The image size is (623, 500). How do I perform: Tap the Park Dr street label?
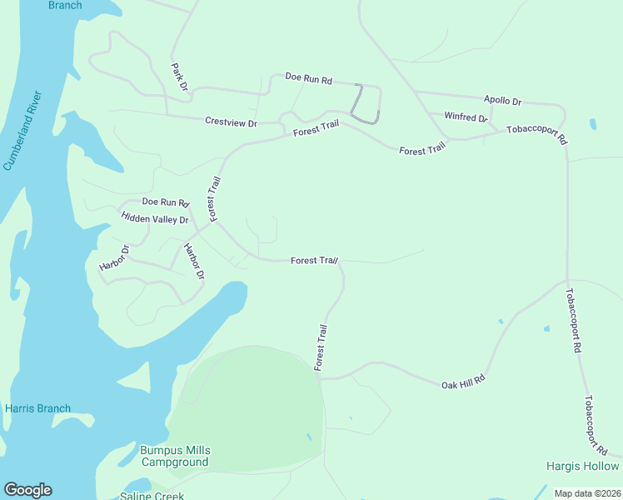179,77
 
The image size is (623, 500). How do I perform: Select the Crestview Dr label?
231,122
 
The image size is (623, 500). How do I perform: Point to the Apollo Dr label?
502,100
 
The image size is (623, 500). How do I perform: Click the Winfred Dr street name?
465,117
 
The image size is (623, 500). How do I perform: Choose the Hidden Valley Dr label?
155,218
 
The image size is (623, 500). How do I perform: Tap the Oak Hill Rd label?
462,384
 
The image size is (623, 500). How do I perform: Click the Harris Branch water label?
37,408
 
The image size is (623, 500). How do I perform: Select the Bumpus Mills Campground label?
174,456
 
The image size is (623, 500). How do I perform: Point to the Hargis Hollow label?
582,466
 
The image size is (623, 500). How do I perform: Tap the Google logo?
27,490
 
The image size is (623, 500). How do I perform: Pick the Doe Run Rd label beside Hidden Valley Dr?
166,202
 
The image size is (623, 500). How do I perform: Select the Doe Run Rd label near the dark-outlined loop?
308,79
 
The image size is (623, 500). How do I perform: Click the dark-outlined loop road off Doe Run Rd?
365,104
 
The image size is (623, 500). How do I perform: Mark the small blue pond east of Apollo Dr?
592,124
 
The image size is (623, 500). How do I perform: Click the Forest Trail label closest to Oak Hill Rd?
321,347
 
